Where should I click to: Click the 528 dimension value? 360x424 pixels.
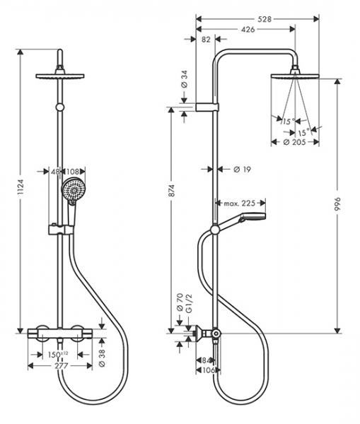pos(265,19)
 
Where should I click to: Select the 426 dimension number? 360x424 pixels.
pos(248,29)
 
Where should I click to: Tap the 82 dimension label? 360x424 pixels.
pos(206,40)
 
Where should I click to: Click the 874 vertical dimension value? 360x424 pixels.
pos(172,191)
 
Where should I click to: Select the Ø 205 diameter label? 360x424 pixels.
pos(294,142)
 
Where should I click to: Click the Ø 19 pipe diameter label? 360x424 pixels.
pos(242,170)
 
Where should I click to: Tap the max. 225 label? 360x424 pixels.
pos(240,203)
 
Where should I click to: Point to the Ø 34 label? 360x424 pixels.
pos(184,79)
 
